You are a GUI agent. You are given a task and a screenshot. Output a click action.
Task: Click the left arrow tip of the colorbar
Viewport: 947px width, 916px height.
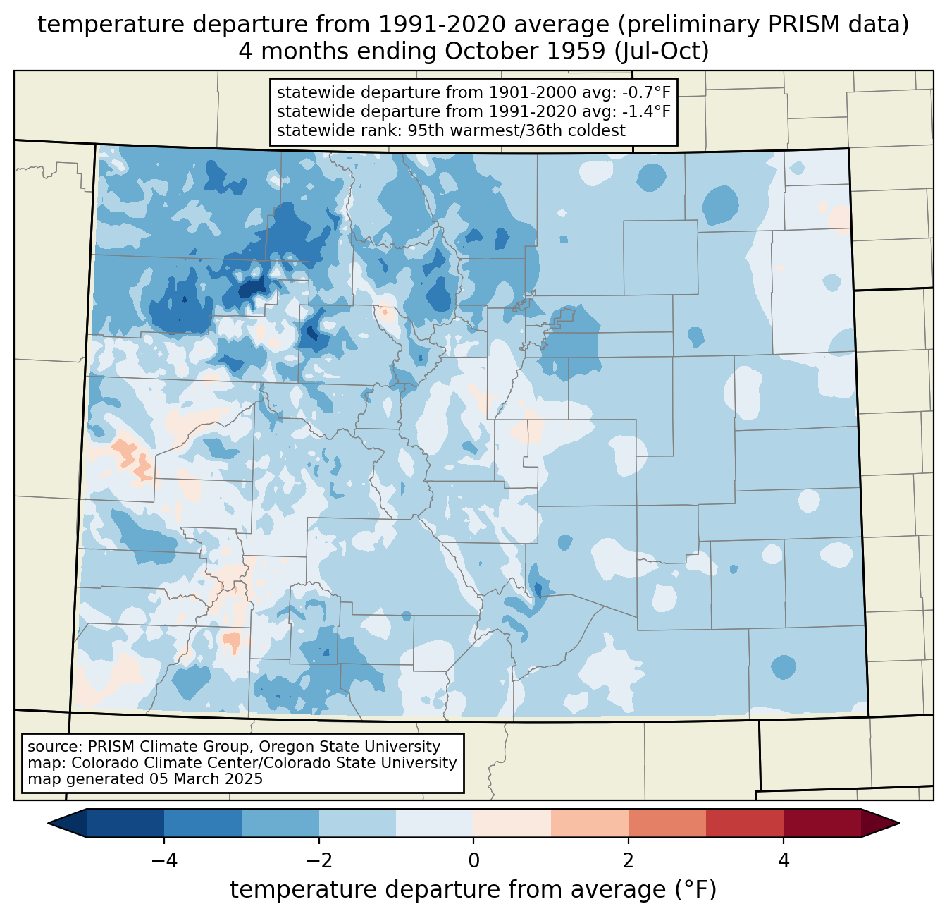pyautogui.click(x=48, y=824)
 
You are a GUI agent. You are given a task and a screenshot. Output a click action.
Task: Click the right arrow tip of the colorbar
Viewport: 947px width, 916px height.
pyautogui.click(x=899, y=824)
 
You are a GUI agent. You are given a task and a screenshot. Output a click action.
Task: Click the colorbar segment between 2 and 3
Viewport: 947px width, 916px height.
pyautogui.click(x=667, y=824)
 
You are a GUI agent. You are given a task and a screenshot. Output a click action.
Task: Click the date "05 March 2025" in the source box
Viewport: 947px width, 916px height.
pyautogui.click(x=206, y=778)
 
